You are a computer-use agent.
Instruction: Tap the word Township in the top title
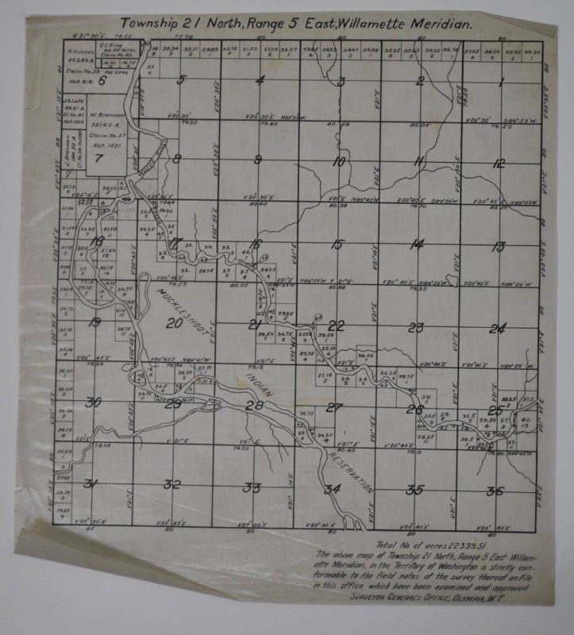(150, 24)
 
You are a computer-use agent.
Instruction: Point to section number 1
(502, 83)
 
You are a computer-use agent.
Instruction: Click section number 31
(92, 484)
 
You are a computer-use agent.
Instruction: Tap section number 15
(337, 244)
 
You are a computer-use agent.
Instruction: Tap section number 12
(498, 164)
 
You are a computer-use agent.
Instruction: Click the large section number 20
(175, 323)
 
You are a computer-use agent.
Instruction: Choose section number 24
(497, 328)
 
